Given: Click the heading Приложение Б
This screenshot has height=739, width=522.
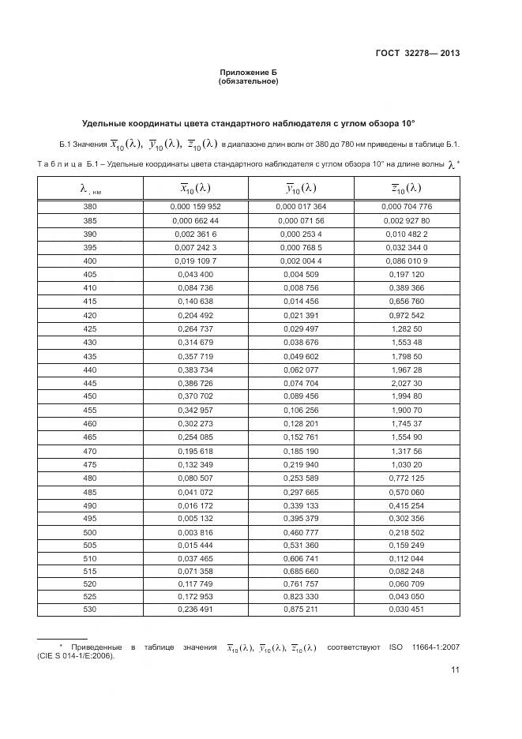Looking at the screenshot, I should coord(248,72).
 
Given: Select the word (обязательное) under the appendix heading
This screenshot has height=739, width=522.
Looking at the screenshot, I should coord(248,81).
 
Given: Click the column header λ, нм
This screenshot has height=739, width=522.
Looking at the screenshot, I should coord(90,189).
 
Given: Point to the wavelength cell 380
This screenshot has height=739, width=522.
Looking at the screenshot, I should coord(90,206).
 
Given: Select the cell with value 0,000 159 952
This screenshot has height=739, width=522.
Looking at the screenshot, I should coord(196,206).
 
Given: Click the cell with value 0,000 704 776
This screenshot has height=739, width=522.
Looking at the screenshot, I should coord(407,206).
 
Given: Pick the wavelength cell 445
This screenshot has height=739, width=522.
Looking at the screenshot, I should coord(90,383).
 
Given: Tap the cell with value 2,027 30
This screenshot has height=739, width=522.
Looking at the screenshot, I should coord(407,383).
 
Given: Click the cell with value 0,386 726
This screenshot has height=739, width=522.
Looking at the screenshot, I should coord(196,383).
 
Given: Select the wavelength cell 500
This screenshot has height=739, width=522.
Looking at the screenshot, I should coord(90,532).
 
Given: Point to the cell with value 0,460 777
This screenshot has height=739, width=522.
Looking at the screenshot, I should coord(301,532).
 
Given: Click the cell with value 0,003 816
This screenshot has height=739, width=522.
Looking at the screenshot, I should coord(196,532).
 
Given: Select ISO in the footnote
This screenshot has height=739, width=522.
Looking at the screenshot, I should coord(396,647).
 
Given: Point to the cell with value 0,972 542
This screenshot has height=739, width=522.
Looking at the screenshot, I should coord(407,315).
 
